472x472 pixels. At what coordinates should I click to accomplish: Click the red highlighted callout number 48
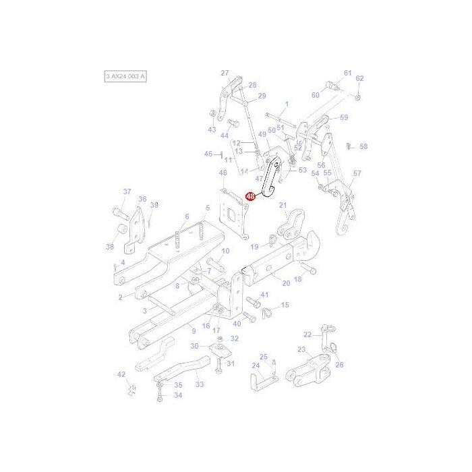(x=250, y=197)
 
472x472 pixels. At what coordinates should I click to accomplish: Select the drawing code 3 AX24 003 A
(x=125, y=77)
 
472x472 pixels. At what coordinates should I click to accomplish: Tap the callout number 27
(x=225, y=73)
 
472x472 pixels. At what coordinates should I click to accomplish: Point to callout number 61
(x=348, y=73)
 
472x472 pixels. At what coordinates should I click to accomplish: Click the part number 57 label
(x=357, y=173)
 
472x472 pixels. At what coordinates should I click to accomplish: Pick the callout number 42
(x=121, y=374)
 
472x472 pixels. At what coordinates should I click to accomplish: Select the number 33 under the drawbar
(x=199, y=384)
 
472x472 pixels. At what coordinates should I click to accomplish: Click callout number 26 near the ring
(x=339, y=365)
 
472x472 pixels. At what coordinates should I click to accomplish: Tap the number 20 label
(x=286, y=283)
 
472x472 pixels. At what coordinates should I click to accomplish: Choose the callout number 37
(x=127, y=192)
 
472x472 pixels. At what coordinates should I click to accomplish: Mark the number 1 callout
(x=286, y=104)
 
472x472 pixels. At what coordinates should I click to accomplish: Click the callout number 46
(x=223, y=173)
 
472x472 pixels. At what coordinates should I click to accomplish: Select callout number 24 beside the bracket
(x=256, y=366)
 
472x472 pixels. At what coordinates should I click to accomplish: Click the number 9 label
(x=193, y=330)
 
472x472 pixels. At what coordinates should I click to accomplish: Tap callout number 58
(x=363, y=146)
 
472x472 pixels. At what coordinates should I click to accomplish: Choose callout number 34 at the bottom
(x=178, y=395)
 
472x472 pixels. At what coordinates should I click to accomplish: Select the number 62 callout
(x=359, y=78)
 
